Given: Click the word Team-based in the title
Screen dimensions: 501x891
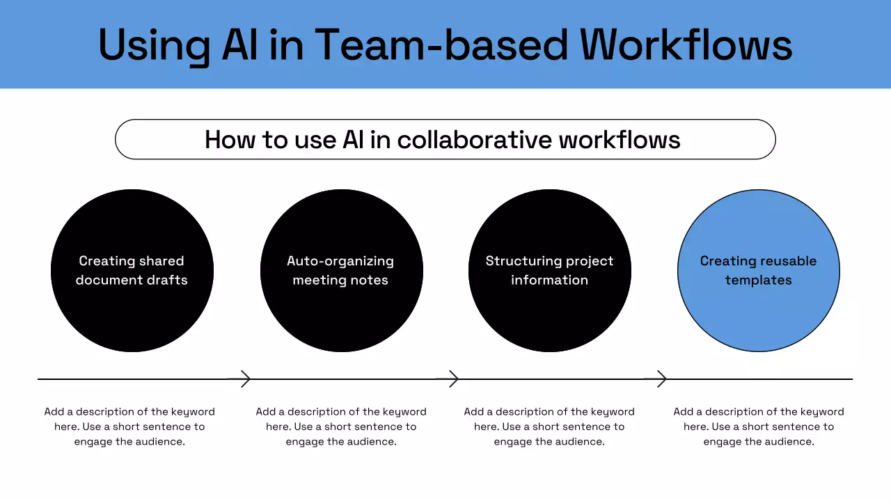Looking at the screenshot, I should [x=441, y=45].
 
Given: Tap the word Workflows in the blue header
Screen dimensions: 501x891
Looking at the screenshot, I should [x=686, y=45].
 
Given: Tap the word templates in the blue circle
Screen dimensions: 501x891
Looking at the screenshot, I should [x=759, y=280].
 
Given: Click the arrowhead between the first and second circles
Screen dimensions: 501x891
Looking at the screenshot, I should [x=245, y=379].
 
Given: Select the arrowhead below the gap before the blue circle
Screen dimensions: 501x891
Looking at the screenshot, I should [x=662, y=379].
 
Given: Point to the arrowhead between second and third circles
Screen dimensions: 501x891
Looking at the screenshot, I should [x=453, y=379].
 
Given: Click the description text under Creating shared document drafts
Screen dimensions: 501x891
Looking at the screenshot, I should [x=129, y=427].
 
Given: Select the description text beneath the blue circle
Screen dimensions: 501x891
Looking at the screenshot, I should [x=759, y=427].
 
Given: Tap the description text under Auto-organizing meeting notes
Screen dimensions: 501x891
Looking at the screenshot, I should [x=341, y=427].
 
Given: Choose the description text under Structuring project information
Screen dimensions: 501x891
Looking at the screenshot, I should [x=549, y=427].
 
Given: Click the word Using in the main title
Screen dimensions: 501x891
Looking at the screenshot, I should [x=154, y=45].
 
